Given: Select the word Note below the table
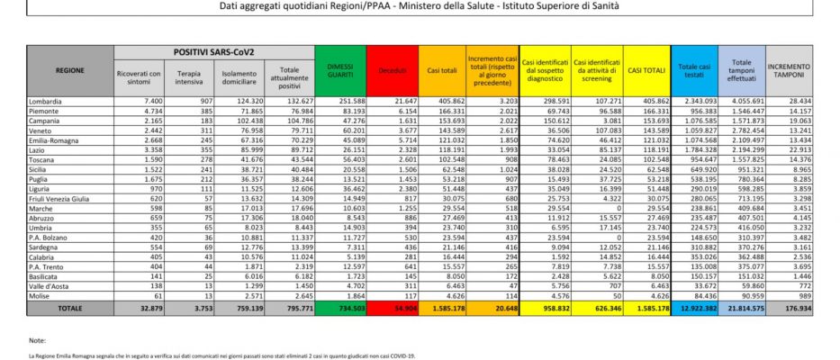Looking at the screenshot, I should pos(37,342).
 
